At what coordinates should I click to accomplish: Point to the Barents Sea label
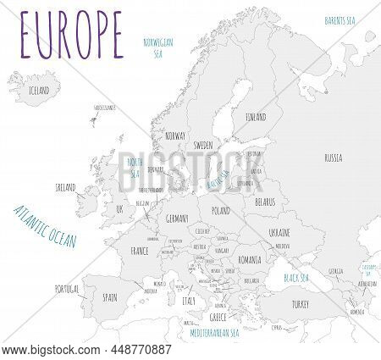pos(344,19)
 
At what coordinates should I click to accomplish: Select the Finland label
pos(255,116)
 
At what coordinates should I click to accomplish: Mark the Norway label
pos(175,136)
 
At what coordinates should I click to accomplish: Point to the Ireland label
pos(65,186)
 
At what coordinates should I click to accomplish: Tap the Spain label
pos(110,297)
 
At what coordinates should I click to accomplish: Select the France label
pos(141,251)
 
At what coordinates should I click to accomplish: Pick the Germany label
pos(176,219)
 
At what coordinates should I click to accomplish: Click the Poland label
pos(220,208)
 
